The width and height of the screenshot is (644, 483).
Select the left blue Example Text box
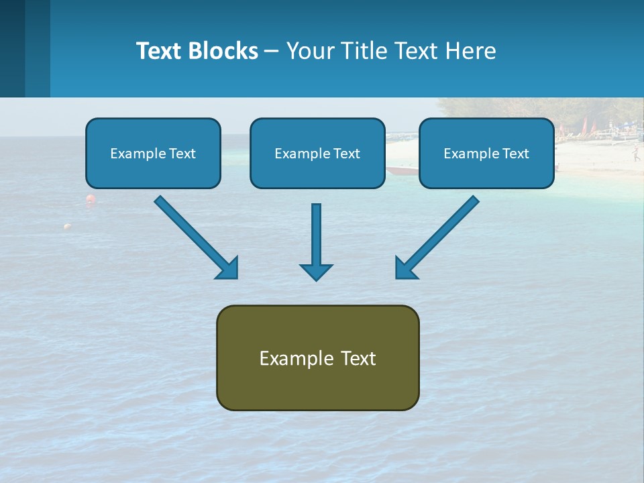[x=153, y=153]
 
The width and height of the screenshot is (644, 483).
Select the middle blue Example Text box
[x=317, y=153]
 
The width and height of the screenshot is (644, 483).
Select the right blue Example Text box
[x=486, y=153]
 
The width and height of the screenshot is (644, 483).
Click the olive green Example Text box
[x=317, y=358]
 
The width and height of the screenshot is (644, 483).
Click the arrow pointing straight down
[x=316, y=241]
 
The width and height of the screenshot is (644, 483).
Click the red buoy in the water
[x=90, y=199]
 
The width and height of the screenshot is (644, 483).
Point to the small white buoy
[x=67, y=227]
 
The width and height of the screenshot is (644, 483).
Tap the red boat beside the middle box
[x=401, y=170]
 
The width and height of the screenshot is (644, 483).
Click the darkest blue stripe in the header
[x=12, y=48]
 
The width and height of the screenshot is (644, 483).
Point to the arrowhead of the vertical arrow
[x=316, y=271]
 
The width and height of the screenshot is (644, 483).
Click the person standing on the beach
[x=635, y=155]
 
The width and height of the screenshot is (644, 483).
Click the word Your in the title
[x=309, y=51]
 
